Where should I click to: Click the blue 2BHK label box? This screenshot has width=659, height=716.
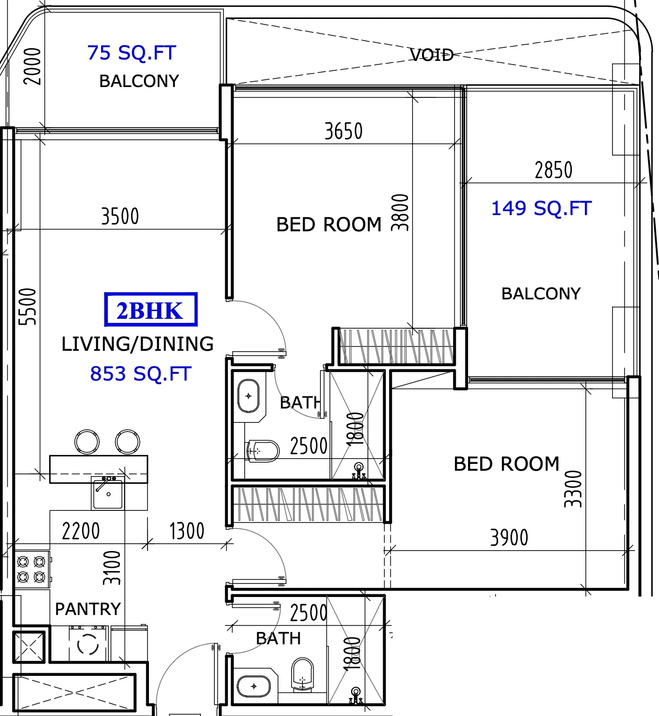151,310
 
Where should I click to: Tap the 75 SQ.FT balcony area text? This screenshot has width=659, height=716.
132,53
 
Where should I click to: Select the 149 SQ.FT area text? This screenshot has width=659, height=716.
541,208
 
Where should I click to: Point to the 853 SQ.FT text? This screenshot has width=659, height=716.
141,374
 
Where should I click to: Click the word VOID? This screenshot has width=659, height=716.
432,55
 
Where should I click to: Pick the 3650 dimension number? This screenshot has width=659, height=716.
343,131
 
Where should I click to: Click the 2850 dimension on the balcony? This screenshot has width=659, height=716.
553,170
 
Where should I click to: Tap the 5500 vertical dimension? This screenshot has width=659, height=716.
27,307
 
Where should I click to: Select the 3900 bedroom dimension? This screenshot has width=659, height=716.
509,537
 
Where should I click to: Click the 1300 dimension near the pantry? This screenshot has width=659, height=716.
187,531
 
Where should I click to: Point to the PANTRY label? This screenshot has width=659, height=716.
88,609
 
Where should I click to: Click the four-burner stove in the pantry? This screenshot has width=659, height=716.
32,569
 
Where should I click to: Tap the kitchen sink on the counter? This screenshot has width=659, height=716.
108,493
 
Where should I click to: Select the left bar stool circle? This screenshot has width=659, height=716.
87,442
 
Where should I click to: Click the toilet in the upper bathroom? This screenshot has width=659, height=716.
263,451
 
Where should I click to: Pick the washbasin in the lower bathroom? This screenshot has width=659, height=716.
254,686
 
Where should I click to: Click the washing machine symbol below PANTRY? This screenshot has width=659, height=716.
88,644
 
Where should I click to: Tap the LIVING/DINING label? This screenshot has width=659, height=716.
138,344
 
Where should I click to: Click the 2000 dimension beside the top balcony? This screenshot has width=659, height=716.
32,66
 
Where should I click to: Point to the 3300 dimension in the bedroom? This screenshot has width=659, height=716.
573,489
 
